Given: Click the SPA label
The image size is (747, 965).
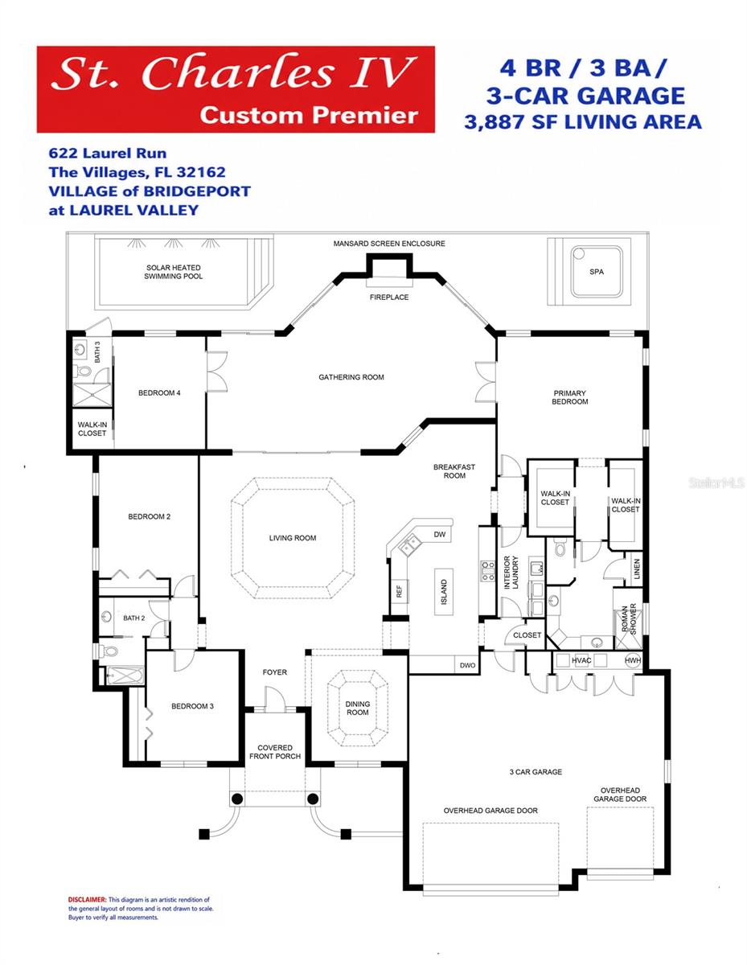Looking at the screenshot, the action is [596, 272].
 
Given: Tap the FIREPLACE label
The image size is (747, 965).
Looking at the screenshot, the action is [389, 297].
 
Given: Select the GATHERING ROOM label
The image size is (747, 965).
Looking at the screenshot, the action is [351, 377].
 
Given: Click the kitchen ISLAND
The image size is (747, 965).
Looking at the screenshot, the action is [444, 592].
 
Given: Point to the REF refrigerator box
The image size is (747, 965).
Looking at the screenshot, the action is [399, 591].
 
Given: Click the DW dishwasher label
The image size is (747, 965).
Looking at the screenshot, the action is [439, 534].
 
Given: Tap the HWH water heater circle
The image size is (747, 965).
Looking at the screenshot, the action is [633, 660].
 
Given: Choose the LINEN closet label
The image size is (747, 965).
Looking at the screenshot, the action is [637, 569].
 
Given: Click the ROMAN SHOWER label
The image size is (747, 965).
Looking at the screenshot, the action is [629, 618].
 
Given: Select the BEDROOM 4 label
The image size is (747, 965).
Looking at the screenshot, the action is [159, 392].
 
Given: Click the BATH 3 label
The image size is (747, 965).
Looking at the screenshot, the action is [97, 351].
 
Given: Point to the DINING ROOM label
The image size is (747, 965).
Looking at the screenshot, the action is [357, 708].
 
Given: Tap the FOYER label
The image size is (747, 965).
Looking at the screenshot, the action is [275, 672].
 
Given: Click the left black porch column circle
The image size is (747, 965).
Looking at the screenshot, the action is [237, 799].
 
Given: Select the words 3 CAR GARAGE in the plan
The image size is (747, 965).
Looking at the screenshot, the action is [536, 772].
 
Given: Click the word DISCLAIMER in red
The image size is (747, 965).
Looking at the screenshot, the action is [88, 899].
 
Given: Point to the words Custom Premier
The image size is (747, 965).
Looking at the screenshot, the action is [309, 115].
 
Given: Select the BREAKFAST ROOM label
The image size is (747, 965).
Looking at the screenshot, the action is [454, 471].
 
